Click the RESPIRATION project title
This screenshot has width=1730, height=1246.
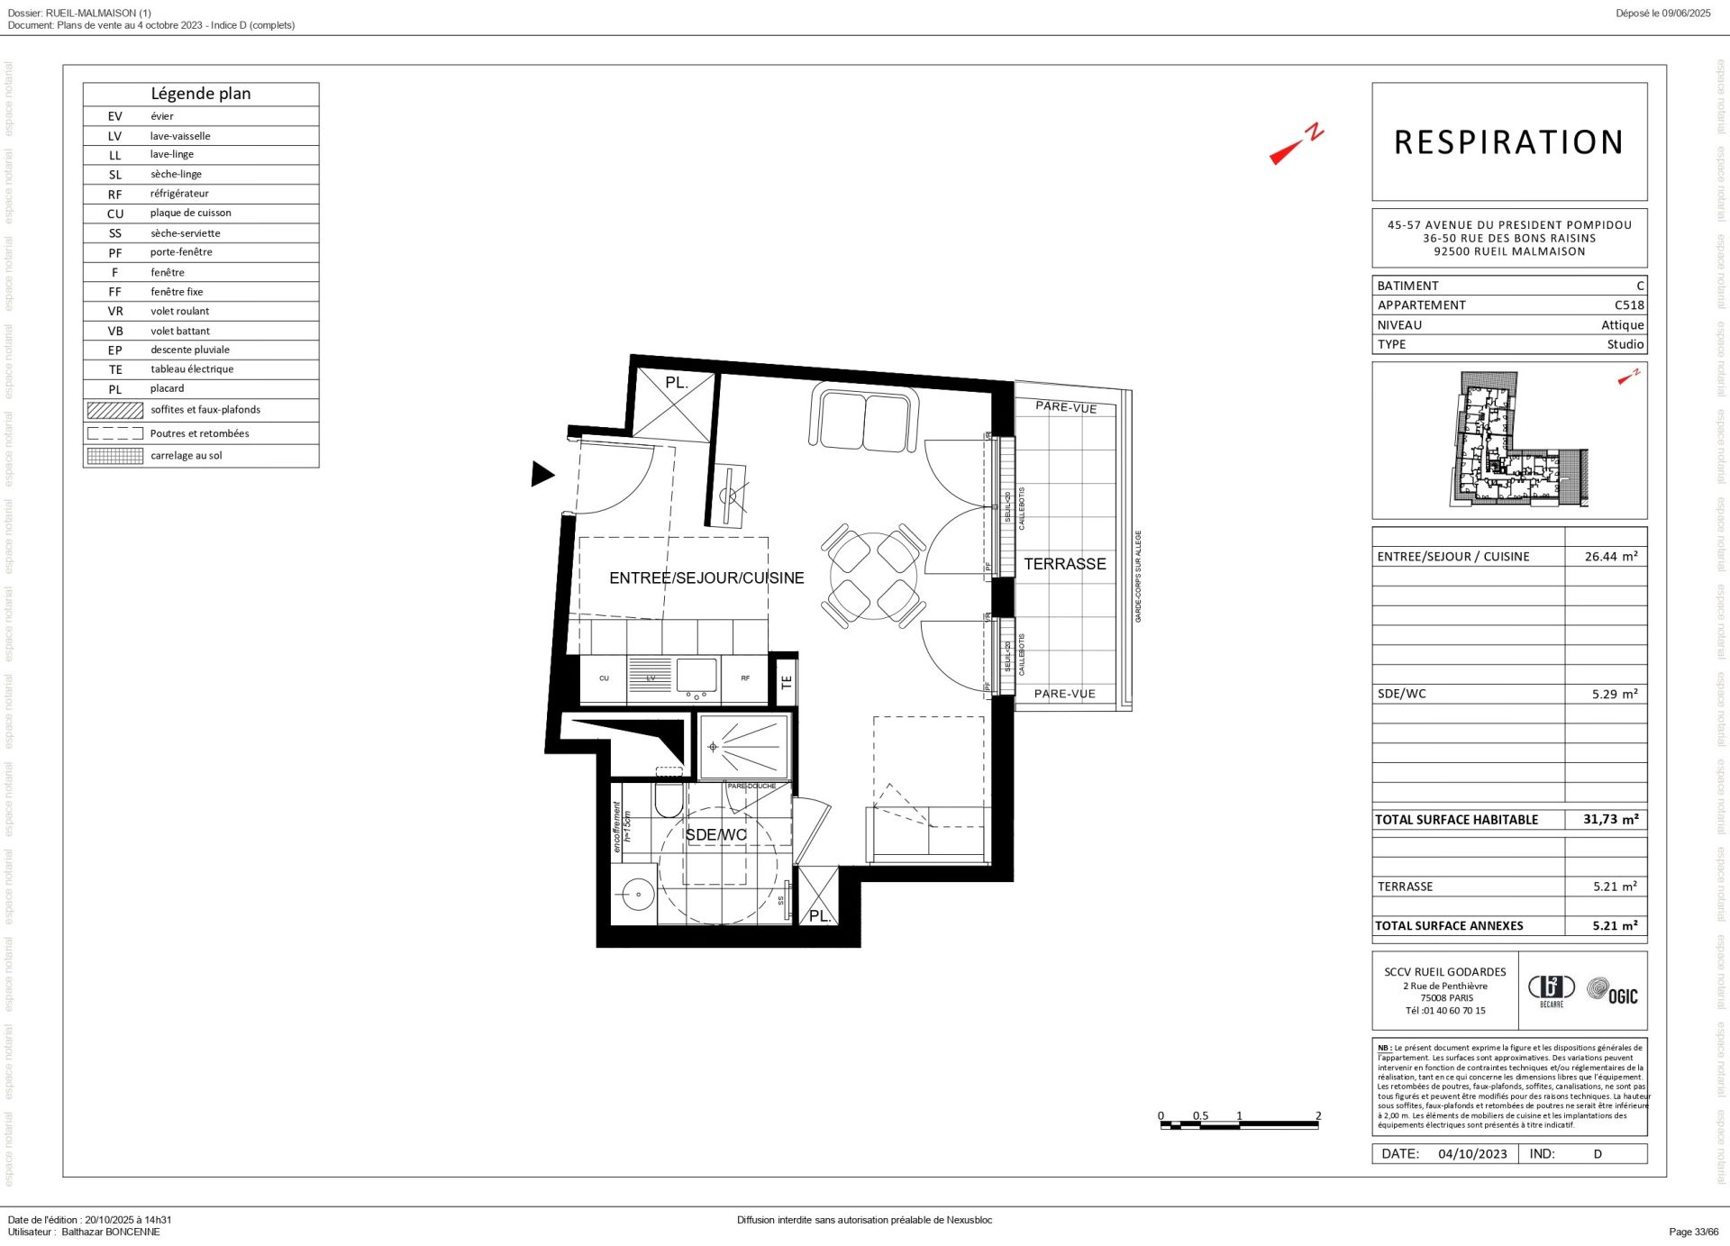[x=1508, y=142]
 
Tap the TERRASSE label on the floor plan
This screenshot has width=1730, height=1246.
[x=1064, y=564]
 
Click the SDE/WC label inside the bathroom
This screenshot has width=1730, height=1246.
[x=715, y=835]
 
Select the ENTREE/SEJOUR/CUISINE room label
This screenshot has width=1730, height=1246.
[x=706, y=578]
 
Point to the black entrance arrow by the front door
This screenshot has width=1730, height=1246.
[x=542, y=474]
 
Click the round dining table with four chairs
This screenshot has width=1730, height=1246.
[x=873, y=576]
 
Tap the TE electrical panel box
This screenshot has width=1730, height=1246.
[x=786, y=682]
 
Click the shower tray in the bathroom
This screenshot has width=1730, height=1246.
[x=744, y=747]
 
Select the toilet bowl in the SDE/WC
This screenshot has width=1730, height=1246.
[x=669, y=799]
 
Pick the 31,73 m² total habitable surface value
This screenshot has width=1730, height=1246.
[x=1610, y=819]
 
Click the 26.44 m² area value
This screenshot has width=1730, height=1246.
[x=1610, y=557]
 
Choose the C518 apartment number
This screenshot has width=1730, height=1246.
[x=1628, y=305]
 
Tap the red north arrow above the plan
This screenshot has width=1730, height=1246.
[x=1295, y=146]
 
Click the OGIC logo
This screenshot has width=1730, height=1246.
[x=1613, y=992]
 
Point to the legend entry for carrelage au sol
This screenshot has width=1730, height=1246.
[x=186, y=456]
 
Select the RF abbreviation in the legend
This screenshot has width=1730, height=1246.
[x=115, y=195]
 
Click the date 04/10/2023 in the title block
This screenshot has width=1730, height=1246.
[x=1471, y=1154]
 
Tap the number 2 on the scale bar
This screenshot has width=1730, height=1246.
[x=1317, y=1115]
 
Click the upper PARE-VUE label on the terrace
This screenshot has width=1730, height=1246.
[x=1065, y=407]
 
